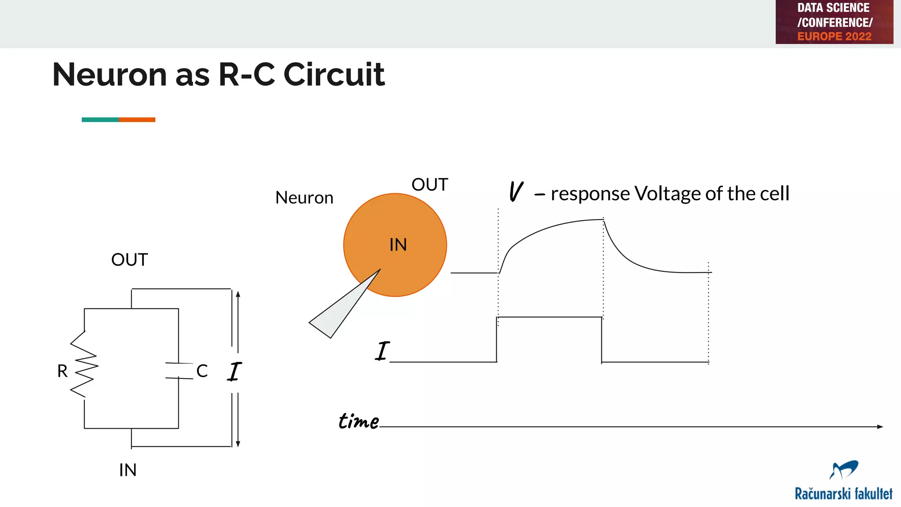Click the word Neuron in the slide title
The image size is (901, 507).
(x=110, y=74)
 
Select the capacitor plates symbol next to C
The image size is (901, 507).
(x=179, y=371)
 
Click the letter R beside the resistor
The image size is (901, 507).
(x=62, y=371)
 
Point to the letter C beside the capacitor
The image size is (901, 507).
(x=202, y=371)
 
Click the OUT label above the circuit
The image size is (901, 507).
(x=129, y=260)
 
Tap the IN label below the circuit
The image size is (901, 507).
(x=128, y=470)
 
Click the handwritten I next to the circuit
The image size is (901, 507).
(x=234, y=371)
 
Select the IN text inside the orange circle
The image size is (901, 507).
(x=398, y=245)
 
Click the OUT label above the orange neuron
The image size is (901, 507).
(x=429, y=185)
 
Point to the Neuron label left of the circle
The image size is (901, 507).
(x=304, y=198)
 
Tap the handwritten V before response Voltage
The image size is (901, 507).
(x=516, y=192)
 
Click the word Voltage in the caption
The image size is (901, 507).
(x=667, y=194)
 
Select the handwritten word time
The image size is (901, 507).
(x=358, y=421)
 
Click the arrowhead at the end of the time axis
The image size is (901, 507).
(x=880, y=426)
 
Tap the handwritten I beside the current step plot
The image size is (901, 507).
(x=382, y=351)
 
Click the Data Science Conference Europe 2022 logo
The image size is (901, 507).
(x=834, y=22)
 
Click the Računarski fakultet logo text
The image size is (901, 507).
(x=843, y=493)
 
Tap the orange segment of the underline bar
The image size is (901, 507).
(x=137, y=120)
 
